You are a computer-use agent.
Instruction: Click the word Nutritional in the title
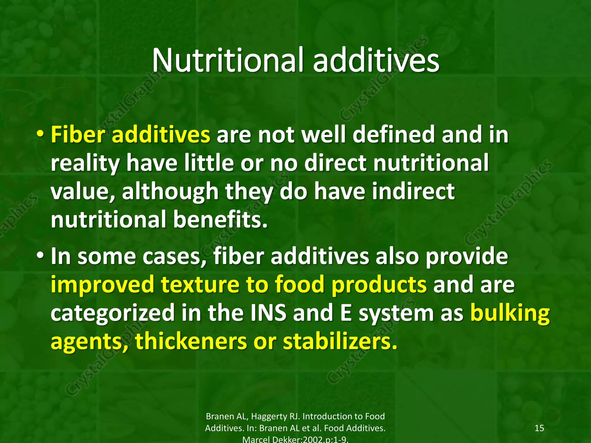[x=228, y=61]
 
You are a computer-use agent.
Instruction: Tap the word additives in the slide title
[x=376, y=61]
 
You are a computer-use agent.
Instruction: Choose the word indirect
[x=413, y=192]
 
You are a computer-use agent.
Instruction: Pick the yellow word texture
[x=200, y=285]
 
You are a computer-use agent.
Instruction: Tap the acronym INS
[x=268, y=313]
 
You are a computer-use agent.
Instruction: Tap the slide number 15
[x=539, y=428]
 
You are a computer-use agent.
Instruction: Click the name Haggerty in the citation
[x=272, y=416]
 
